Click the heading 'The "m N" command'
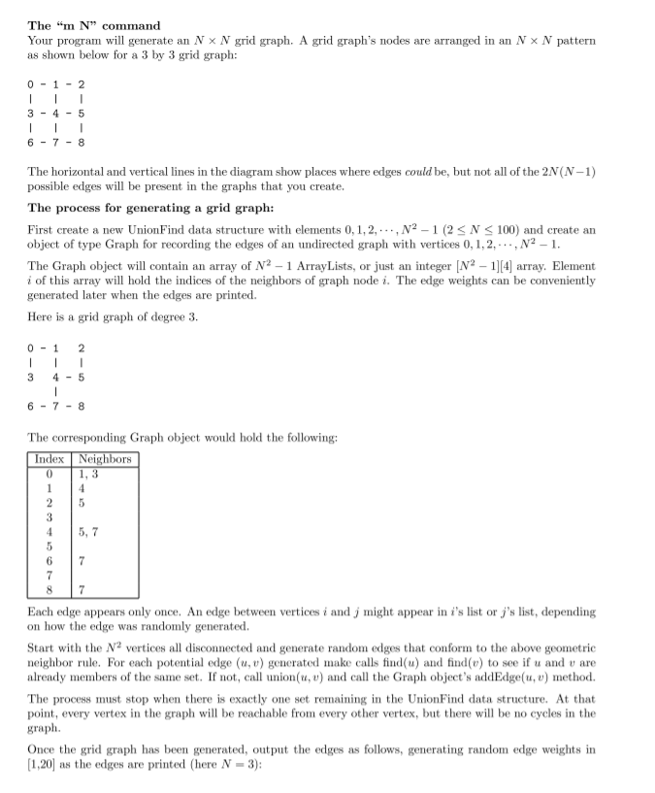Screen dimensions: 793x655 click(x=94, y=25)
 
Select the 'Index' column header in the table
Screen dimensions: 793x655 click(x=49, y=459)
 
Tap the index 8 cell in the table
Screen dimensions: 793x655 click(x=49, y=590)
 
